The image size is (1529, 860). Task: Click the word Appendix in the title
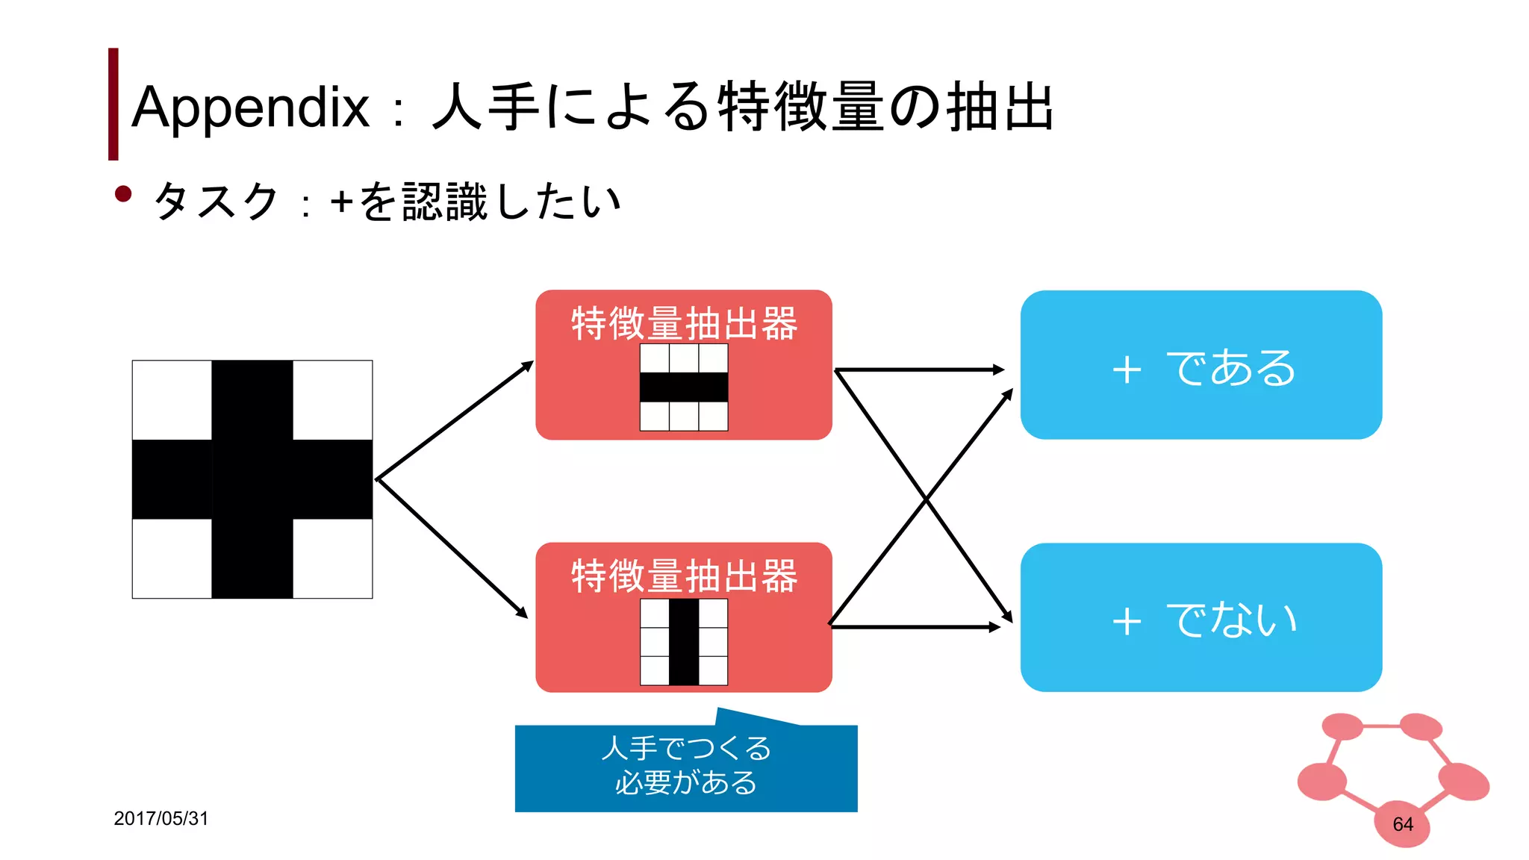(250, 107)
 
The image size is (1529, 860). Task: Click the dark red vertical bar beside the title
(113, 104)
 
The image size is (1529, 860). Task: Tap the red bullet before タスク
(123, 195)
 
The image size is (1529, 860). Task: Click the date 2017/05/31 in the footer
(161, 818)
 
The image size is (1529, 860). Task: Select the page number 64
(1402, 824)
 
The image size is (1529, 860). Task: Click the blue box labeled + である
(1201, 365)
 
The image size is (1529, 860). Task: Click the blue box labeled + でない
(1201, 617)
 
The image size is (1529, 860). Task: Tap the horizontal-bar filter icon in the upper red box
(683, 387)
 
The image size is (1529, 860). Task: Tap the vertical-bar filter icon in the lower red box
(683, 642)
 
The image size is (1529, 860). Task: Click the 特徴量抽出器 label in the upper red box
(684, 323)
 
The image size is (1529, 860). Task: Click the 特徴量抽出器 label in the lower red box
(684, 576)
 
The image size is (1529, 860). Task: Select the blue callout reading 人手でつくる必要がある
(685, 767)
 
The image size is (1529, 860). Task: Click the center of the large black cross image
(252, 479)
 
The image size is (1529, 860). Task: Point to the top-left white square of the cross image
(172, 400)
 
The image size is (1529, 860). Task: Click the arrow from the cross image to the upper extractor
(454, 421)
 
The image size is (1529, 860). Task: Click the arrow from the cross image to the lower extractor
(452, 548)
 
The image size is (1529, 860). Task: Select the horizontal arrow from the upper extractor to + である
(918, 370)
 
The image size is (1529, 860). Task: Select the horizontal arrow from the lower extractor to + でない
(915, 627)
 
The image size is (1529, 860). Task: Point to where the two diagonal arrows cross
(926, 499)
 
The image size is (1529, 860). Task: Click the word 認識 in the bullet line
(445, 202)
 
